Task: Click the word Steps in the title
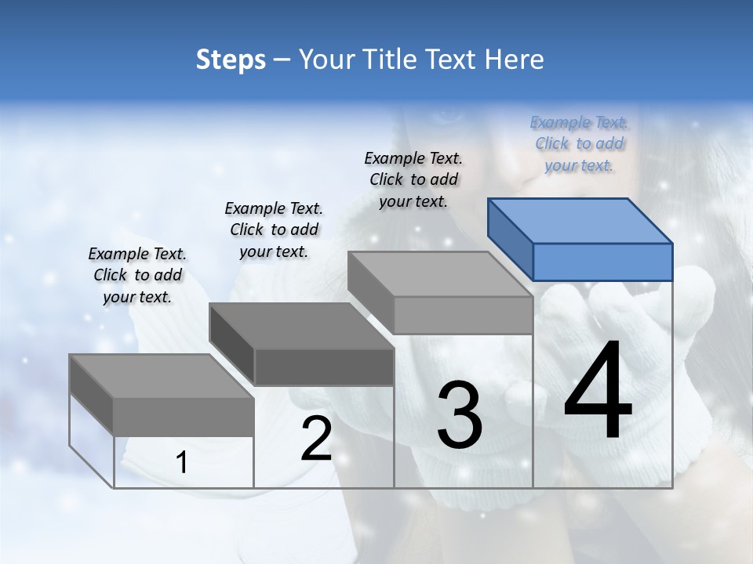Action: tap(231, 60)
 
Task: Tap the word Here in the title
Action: tap(514, 60)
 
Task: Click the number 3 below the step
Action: tap(460, 414)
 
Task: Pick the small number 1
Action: tap(182, 463)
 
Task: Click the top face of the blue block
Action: tap(580, 220)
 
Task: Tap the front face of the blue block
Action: tap(602, 262)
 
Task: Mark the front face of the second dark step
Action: tap(324, 367)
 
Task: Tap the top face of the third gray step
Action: tap(440, 274)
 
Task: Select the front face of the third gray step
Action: tap(463, 315)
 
